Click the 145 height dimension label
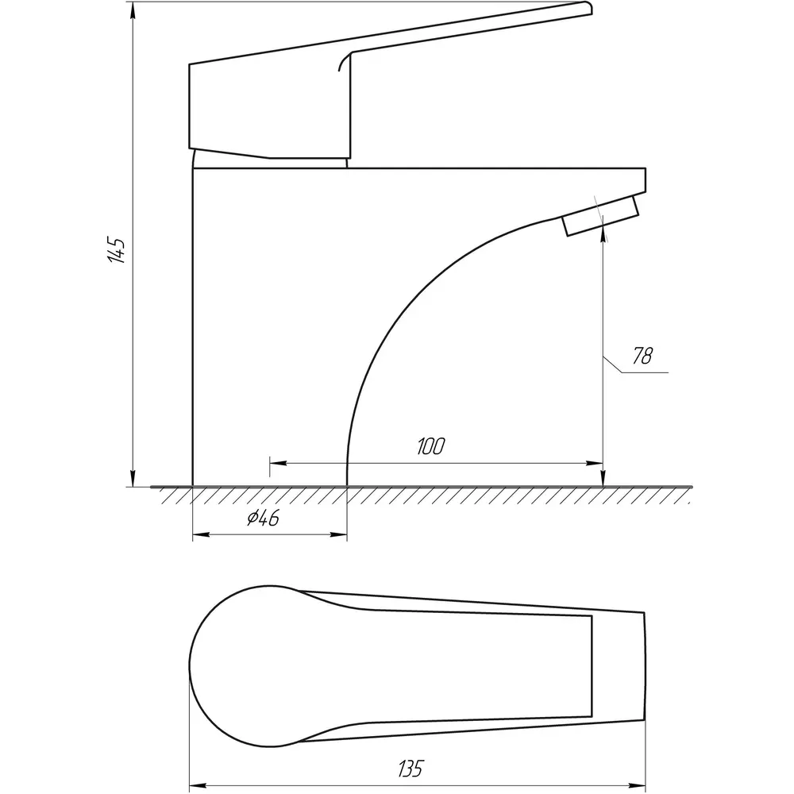point(117,249)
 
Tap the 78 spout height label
point(642,356)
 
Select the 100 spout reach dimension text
point(431,446)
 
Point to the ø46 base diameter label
point(264,518)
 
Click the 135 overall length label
point(410,768)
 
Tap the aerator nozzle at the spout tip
point(600,216)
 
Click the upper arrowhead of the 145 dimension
point(133,10)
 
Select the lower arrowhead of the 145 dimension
point(133,479)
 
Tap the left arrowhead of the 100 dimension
point(278,463)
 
